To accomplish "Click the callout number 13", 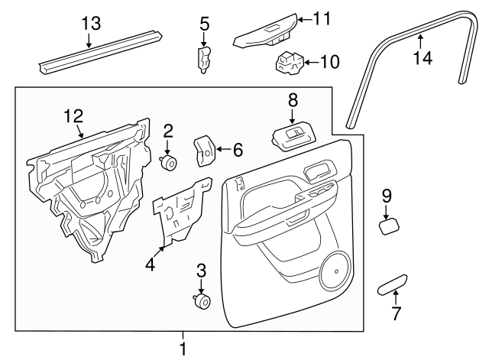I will pos(91,23).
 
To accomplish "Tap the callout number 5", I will pos(204,24).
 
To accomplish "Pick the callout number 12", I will pos(73,115).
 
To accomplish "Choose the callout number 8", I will pos(293,99).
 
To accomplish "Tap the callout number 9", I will pos(387,196).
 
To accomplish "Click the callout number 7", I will pos(396,313).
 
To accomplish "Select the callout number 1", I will pos(182,349).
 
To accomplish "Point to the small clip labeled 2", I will pos(169,162).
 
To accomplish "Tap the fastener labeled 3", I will pos(203,302).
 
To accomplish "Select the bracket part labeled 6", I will pos(204,151).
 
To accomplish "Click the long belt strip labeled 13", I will pos(99,52).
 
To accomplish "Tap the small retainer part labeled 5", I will pos(204,59).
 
